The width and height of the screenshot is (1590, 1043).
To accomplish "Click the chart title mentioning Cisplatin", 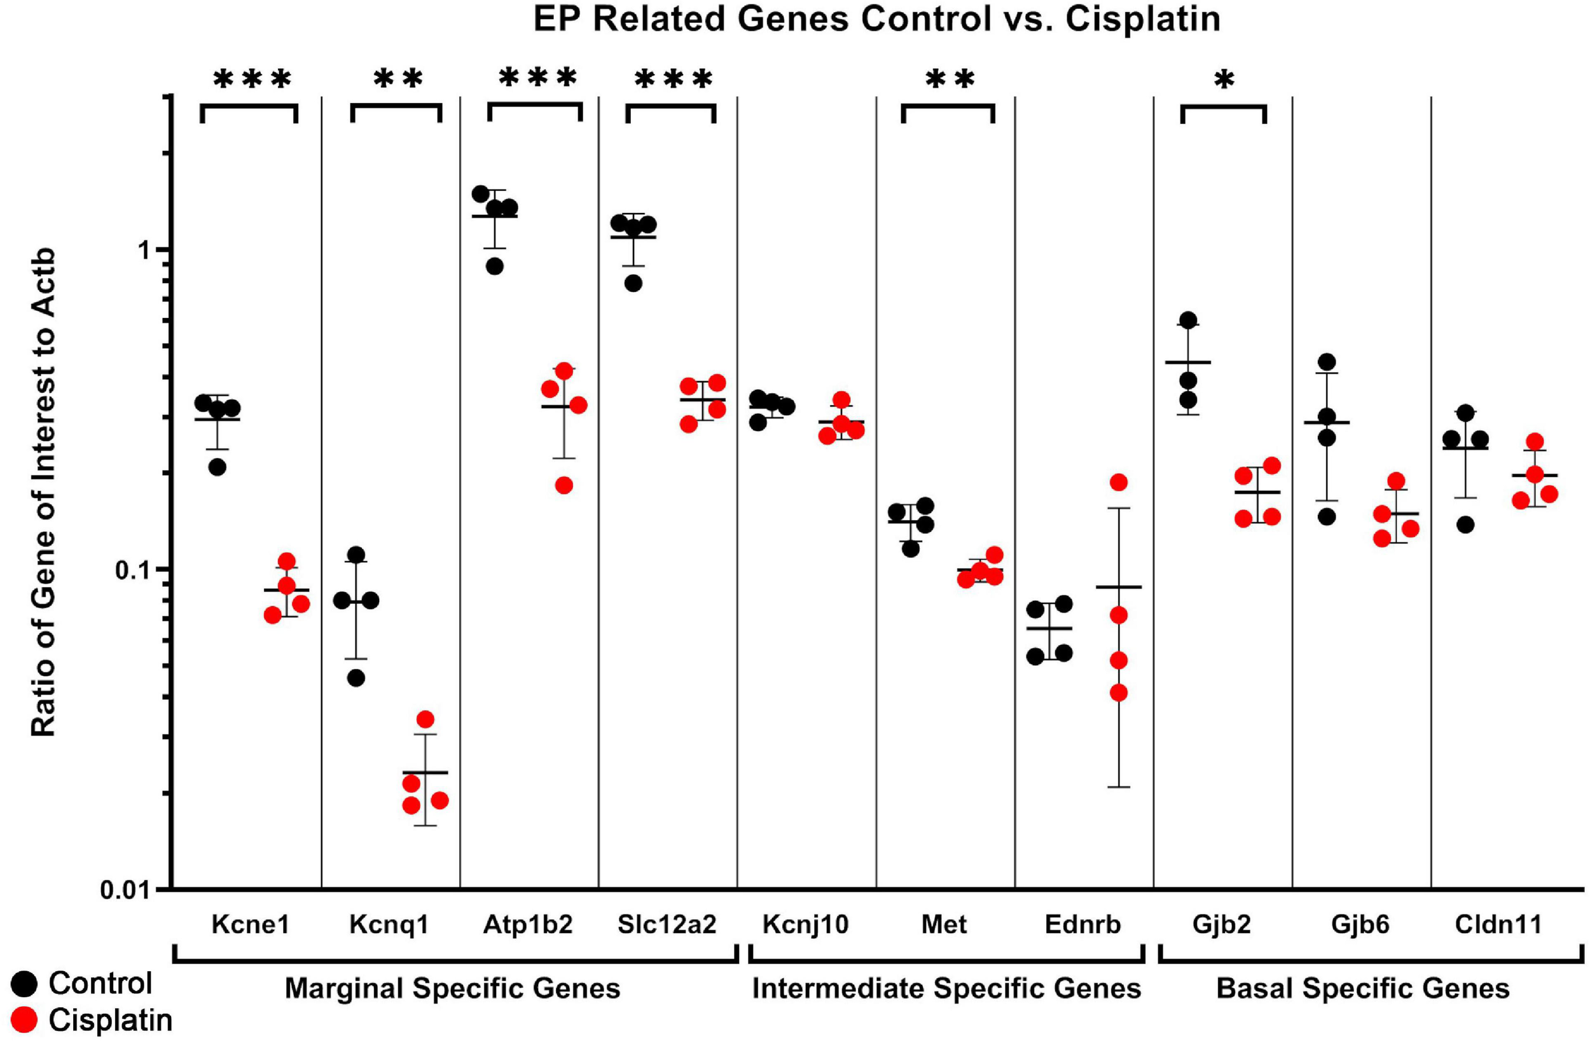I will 876,18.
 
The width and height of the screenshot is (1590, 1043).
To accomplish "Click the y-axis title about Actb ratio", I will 44,493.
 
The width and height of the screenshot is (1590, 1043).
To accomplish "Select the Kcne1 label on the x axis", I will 251,925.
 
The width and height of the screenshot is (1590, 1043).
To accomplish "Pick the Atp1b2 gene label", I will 528,925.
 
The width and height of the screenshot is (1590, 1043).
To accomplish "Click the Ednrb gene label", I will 1083,925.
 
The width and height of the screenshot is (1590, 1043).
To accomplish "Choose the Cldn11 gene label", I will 1498,925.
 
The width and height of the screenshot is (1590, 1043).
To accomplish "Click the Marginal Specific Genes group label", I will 452,989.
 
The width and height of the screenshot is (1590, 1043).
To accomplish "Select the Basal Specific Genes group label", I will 1363,989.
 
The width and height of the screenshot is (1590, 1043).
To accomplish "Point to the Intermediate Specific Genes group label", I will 946,989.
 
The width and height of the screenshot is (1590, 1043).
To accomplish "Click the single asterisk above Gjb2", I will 1224,81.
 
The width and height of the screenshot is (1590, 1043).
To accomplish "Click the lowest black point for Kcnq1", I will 356,678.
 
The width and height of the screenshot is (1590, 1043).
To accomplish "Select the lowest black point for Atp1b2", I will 494,266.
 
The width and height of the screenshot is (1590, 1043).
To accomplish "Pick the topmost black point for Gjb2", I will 1188,320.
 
